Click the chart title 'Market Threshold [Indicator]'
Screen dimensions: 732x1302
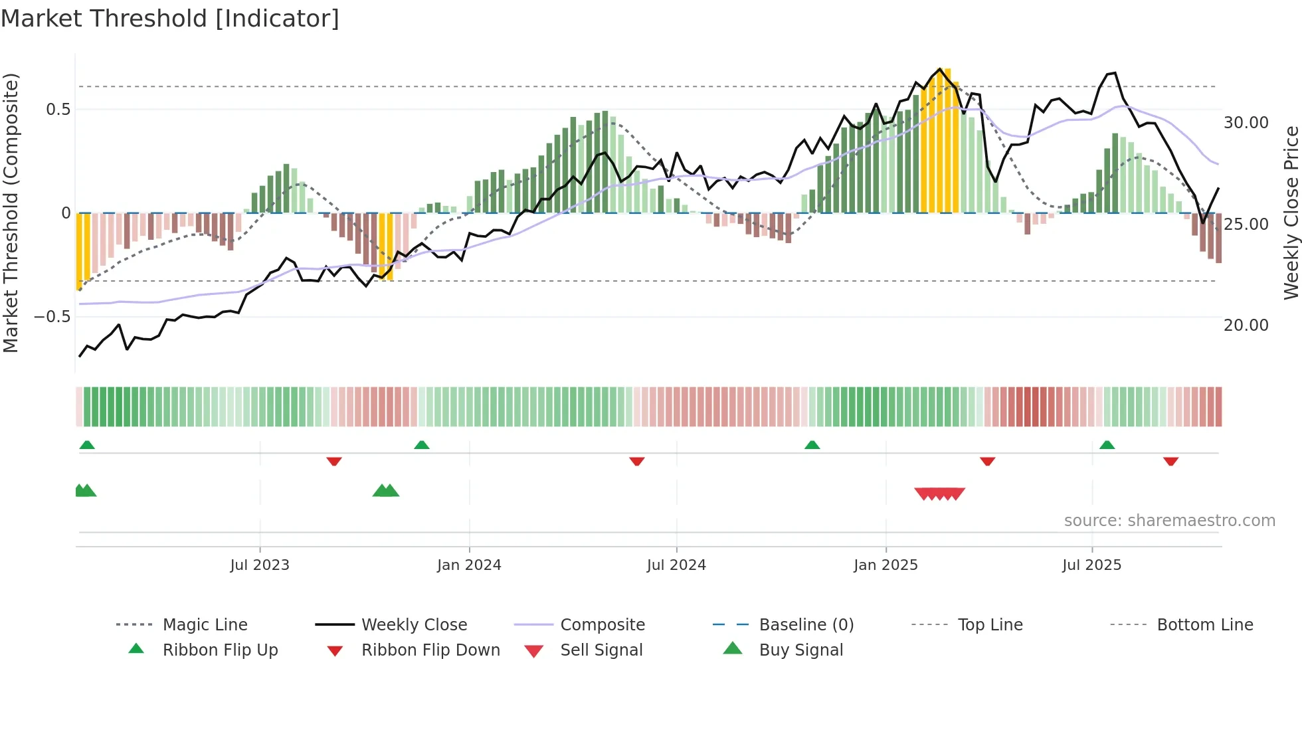coord(170,19)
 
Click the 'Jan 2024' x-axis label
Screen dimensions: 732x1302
coord(469,565)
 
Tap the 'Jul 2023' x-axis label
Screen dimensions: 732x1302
coord(260,565)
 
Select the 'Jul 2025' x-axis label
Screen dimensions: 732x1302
coord(1091,565)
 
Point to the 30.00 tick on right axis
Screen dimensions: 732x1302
coord(1246,123)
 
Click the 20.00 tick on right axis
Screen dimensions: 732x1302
coord(1246,325)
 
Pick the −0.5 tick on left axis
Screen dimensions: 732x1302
coord(52,317)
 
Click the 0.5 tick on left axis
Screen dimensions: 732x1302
coord(58,110)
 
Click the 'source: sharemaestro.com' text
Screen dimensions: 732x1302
coord(1169,521)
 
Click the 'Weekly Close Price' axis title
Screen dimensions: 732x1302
coord(1291,213)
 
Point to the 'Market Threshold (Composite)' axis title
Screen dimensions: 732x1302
coord(11,213)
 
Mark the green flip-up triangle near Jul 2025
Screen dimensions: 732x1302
coord(1107,445)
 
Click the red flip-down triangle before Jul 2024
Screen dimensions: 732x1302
coord(636,461)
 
